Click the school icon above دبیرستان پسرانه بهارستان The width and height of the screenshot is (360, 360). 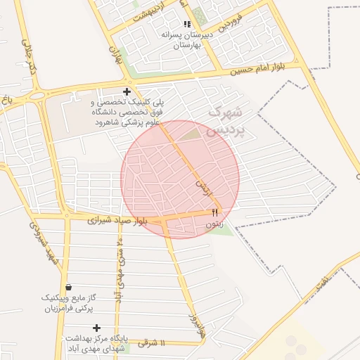tap(187, 23)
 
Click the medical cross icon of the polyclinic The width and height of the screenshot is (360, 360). tap(127, 91)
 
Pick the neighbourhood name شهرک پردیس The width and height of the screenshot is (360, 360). tap(226, 121)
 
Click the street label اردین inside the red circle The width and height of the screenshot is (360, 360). tap(202, 186)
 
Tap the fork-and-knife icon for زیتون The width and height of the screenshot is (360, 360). tap(215, 212)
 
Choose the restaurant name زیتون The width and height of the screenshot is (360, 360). tap(214, 224)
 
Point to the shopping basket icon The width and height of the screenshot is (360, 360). tap(68, 287)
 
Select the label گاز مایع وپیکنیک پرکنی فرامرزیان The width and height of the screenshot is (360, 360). tap(68, 303)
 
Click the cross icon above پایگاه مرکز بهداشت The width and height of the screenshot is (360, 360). tap(96, 328)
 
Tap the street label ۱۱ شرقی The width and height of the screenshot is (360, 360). tap(152, 343)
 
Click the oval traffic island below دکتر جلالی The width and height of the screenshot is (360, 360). tap(37, 94)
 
